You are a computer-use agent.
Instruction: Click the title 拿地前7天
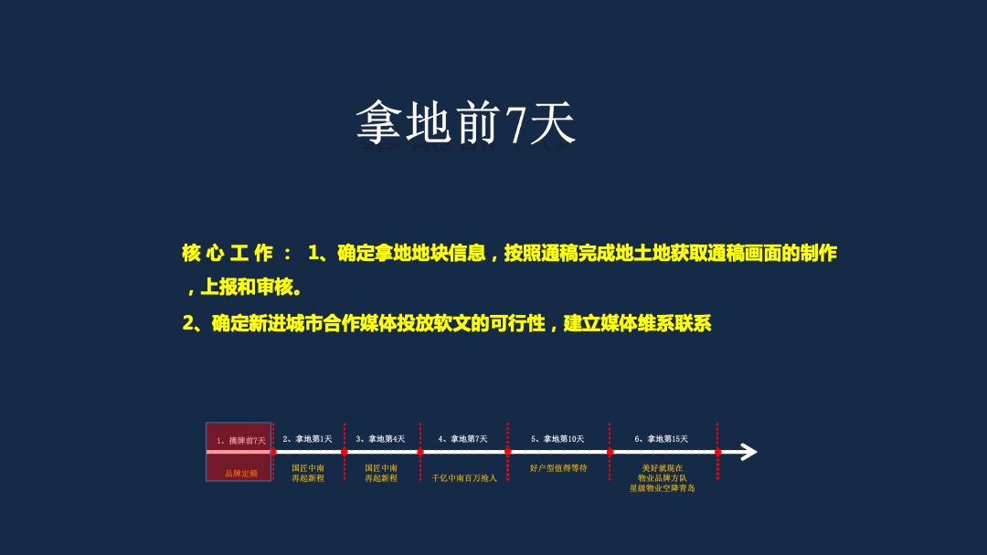coord(466,124)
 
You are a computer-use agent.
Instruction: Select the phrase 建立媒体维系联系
coord(637,323)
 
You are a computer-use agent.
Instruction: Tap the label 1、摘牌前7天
coord(240,440)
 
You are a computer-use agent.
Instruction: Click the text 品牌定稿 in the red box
coord(241,474)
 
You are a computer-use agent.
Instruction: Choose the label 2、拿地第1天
coord(307,439)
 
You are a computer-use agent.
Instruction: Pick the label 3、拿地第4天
coord(380,439)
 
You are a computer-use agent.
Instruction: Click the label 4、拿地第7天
coord(462,439)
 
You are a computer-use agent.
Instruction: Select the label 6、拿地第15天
coord(661,439)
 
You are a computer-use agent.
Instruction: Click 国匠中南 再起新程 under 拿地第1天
coord(308,473)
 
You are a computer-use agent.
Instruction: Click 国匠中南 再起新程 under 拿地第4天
coord(381,473)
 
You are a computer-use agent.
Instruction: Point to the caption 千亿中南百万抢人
coord(464,477)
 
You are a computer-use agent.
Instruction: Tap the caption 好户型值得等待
coord(558,468)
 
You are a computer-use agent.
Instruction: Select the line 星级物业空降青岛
coord(662,488)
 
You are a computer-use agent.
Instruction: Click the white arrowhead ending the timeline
coord(748,452)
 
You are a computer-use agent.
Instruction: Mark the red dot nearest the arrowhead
coord(717,452)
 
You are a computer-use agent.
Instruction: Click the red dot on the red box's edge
coord(272,452)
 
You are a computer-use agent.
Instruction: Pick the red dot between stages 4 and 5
coord(508,451)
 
